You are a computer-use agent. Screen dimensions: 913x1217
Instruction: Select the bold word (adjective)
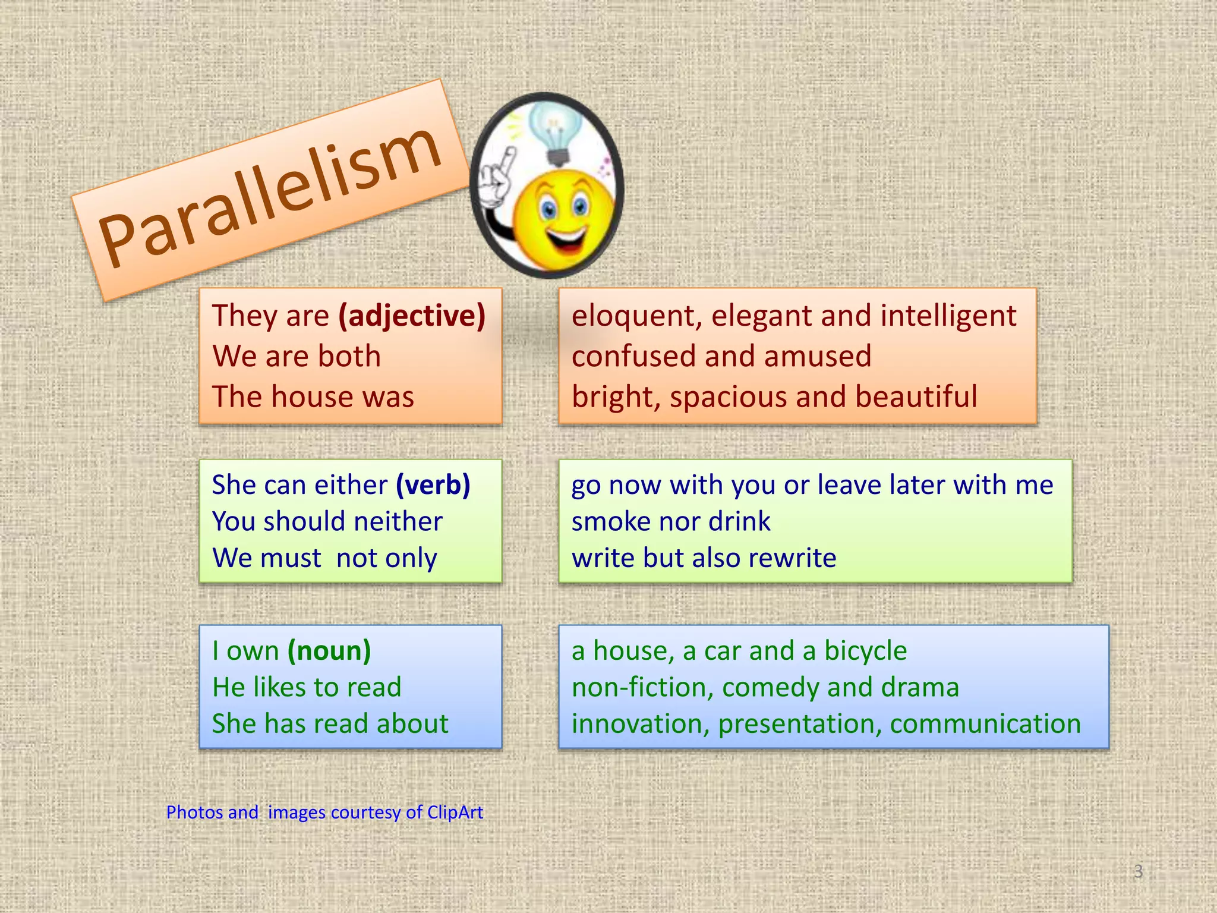pyautogui.click(x=412, y=315)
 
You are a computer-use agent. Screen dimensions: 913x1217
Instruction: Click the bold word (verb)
pyautogui.click(x=433, y=484)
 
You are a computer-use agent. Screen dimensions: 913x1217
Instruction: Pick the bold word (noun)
pyautogui.click(x=329, y=650)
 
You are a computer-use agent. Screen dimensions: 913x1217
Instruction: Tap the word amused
pyautogui.click(x=818, y=356)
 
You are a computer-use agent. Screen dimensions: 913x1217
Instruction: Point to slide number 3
pyautogui.click(x=1138, y=871)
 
